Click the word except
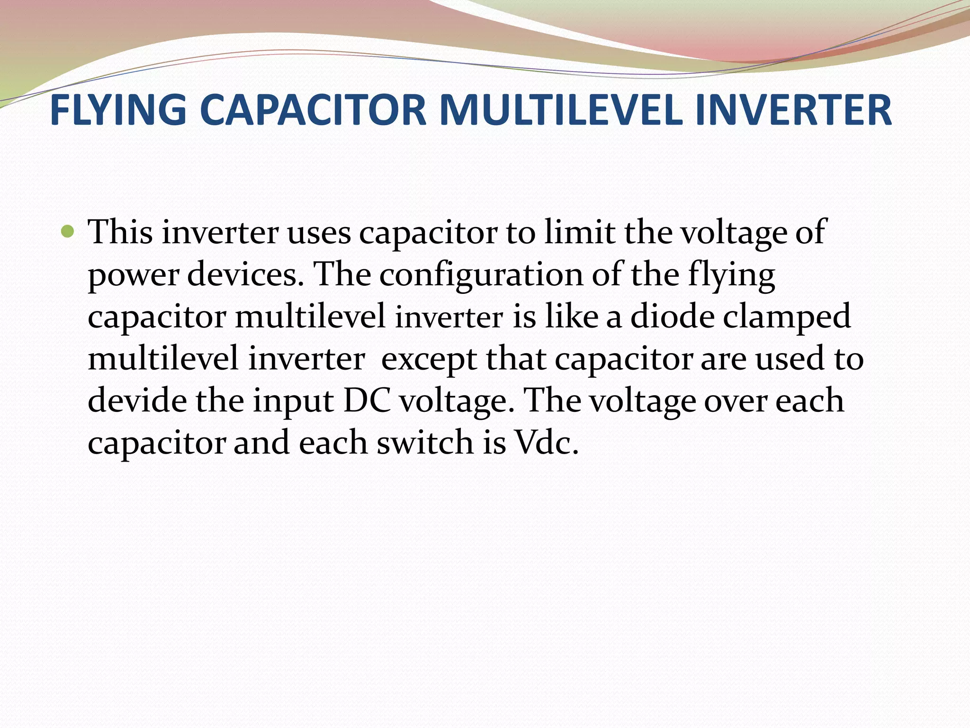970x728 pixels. [x=429, y=359]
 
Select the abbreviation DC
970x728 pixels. [x=367, y=400]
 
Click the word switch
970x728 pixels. [x=425, y=442]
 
